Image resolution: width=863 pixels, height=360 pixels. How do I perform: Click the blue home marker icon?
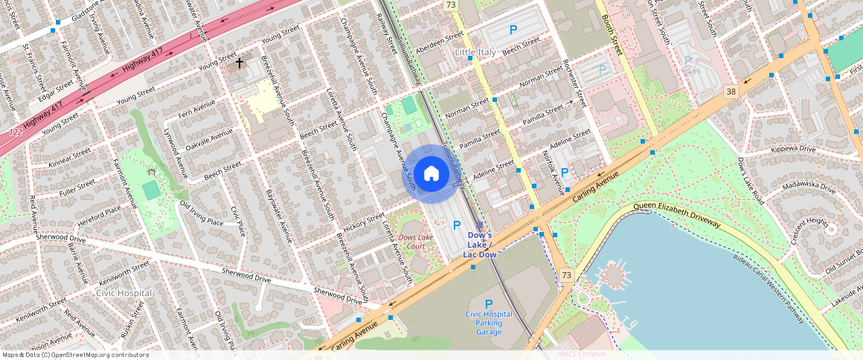tap(431, 174)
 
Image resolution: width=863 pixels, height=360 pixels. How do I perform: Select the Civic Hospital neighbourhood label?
tap(124, 292)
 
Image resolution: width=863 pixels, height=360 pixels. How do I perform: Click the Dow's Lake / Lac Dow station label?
tap(480, 245)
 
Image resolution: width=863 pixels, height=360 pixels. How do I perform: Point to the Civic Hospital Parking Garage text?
tap(489, 323)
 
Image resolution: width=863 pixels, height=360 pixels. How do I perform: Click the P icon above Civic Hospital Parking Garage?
tap(489, 303)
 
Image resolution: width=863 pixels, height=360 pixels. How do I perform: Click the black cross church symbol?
tap(240, 64)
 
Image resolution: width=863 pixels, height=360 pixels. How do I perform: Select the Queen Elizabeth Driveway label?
tap(677, 214)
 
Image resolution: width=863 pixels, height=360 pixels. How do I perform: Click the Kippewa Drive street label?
tap(795, 150)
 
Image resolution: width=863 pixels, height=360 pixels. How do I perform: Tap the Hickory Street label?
tap(365, 222)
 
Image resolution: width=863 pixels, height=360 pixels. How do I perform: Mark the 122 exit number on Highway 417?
tap(16, 132)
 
